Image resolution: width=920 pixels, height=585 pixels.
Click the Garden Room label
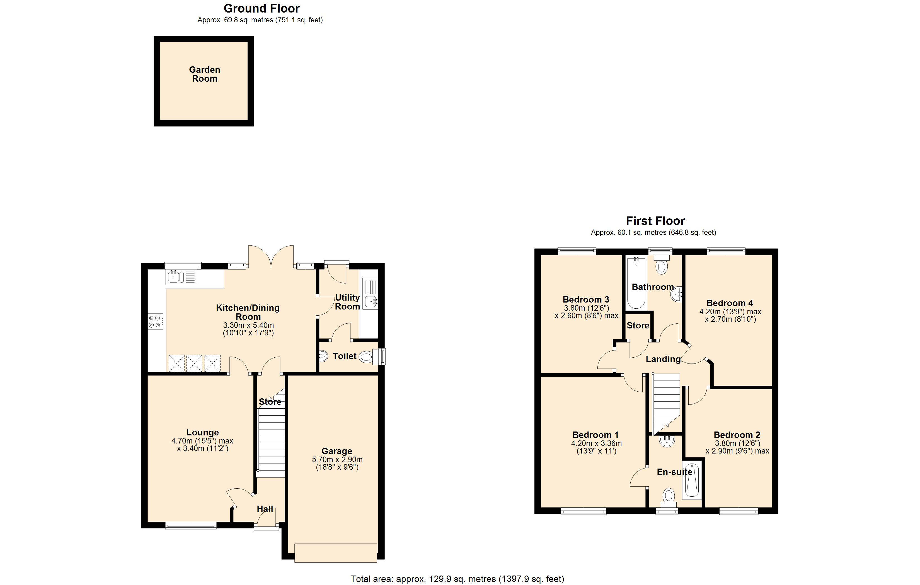[x=204, y=74]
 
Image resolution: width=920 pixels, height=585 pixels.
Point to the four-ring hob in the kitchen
[x=155, y=321]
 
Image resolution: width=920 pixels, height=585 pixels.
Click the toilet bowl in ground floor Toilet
[x=366, y=357]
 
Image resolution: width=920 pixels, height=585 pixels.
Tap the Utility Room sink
[x=370, y=302]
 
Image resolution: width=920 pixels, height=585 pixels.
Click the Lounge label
[x=202, y=432]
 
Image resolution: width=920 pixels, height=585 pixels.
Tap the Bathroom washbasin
[x=678, y=294]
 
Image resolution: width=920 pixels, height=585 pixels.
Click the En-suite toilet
[x=669, y=496]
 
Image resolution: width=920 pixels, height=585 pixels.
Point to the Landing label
[x=663, y=359]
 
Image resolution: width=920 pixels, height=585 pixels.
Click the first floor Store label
[x=638, y=325]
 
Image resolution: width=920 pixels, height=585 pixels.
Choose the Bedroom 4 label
[x=729, y=303]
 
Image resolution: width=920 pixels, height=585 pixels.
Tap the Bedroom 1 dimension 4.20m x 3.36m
[x=596, y=443]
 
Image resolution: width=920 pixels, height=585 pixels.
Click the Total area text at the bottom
[x=457, y=579]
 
